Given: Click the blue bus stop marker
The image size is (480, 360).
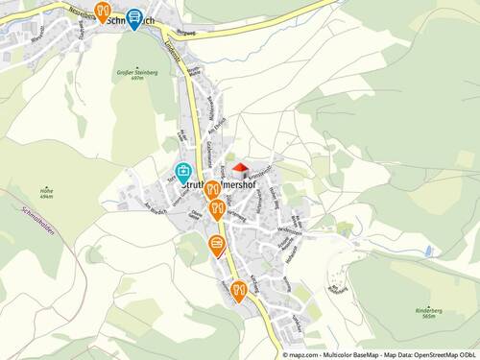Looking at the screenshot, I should coord(134,18).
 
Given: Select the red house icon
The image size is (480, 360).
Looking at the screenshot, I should coord(240,169).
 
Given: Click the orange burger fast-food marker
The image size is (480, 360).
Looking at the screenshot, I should coord(219,244).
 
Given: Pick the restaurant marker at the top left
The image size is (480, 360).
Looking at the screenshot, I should coord(102,12).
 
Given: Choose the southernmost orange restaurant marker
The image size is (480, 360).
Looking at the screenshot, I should coord(238,290).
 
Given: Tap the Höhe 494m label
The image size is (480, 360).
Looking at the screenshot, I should coord(45,192).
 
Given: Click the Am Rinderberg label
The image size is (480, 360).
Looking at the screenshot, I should coord(337,285).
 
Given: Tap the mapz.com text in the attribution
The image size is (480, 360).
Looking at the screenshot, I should coord(305,354).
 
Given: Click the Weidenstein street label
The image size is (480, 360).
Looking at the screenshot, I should coord(289,231).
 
